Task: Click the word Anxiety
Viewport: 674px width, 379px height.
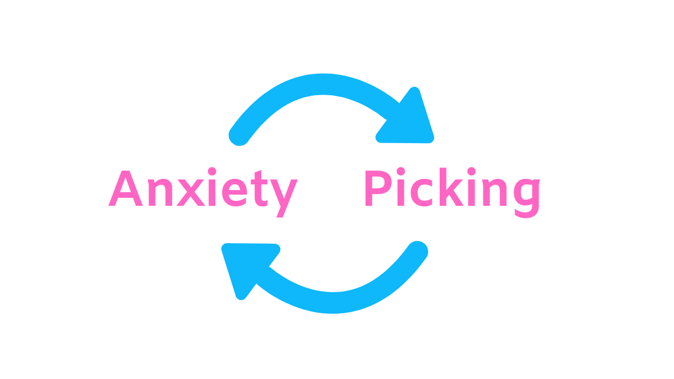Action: pos(203,189)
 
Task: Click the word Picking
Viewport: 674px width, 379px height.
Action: pos(452,189)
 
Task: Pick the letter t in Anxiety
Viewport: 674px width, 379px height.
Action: pos(260,191)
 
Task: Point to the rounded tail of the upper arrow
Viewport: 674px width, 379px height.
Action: pos(238,136)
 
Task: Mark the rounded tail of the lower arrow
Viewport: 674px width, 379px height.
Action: pos(418,251)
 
